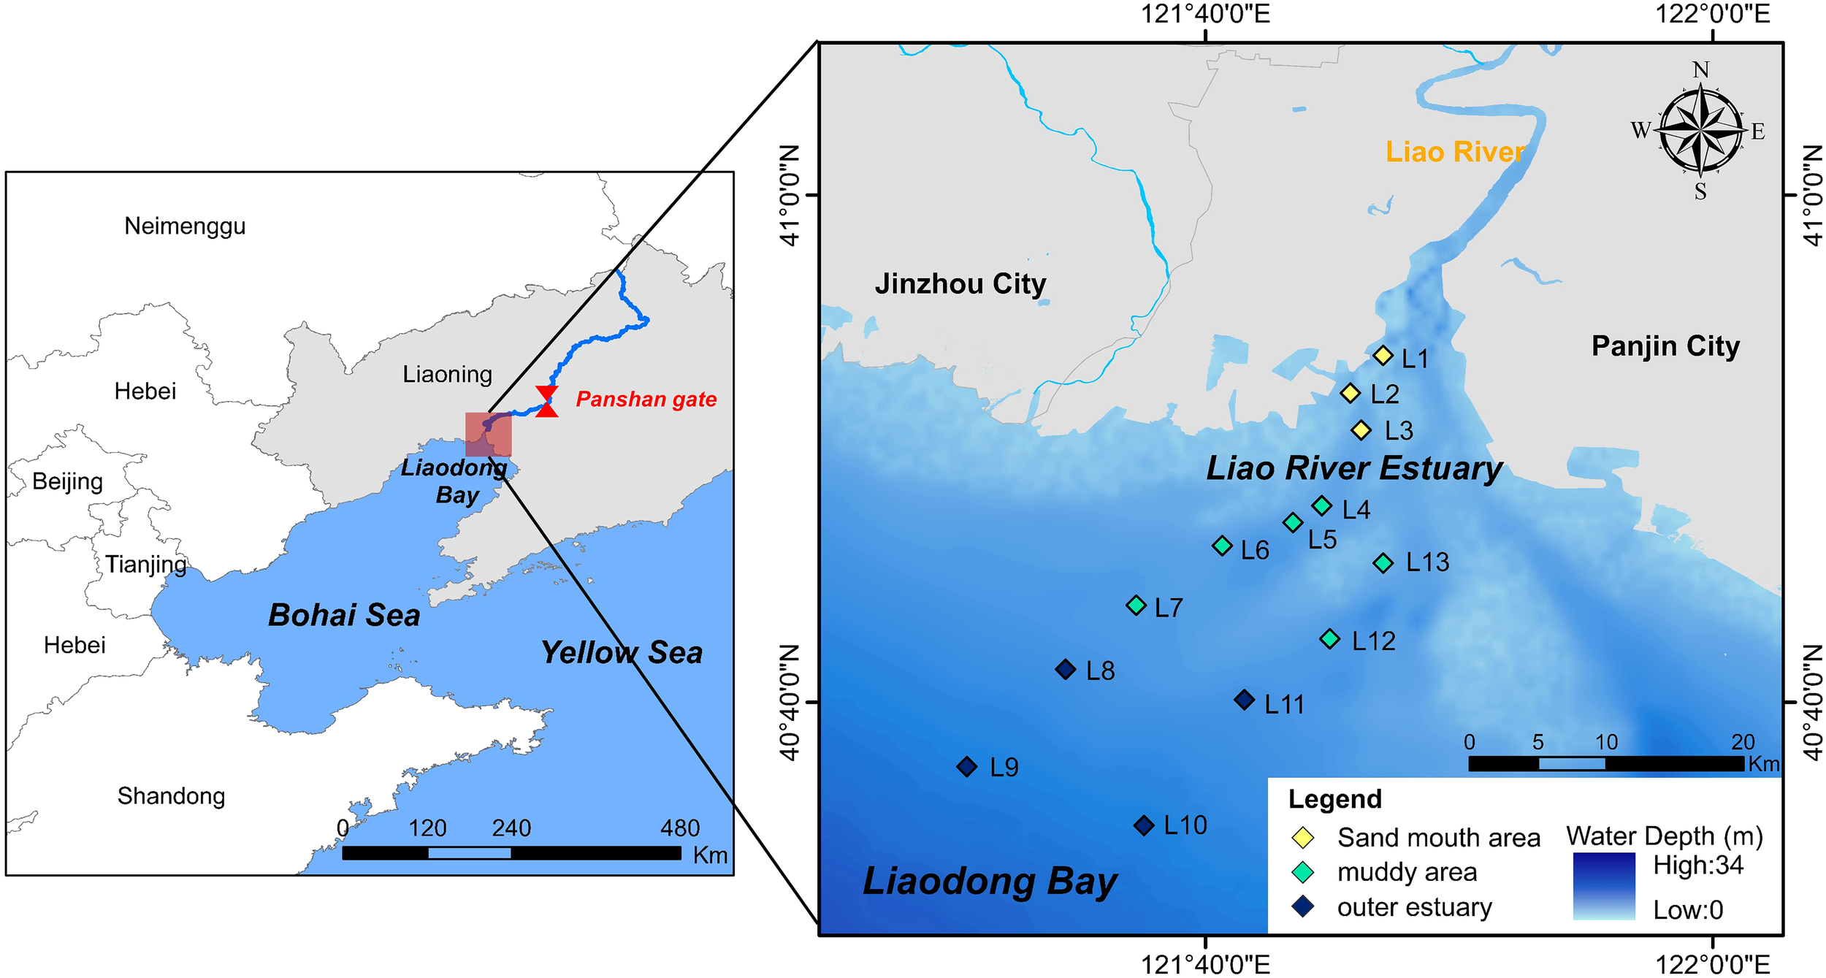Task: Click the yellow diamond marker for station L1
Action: [x=1383, y=356]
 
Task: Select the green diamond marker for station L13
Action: [x=1383, y=562]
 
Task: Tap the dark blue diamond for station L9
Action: [x=967, y=767]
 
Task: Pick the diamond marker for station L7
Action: [x=1136, y=605]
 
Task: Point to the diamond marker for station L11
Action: [x=1245, y=700]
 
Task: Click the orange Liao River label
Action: [x=1455, y=152]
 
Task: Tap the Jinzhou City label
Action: [x=960, y=283]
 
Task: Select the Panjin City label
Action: [x=1665, y=346]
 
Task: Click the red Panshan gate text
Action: [x=646, y=400]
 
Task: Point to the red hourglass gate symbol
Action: [x=547, y=402]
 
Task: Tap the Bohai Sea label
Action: [x=344, y=615]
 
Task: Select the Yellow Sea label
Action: [x=622, y=652]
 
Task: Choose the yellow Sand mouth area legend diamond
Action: [x=1303, y=838]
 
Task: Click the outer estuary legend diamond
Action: [x=1303, y=907]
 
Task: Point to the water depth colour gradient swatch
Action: [x=1604, y=885]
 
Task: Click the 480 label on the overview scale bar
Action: [x=680, y=828]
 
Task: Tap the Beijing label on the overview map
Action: [x=67, y=481]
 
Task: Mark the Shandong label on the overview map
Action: [x=171, y=795]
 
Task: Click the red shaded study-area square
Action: [x=489, y=435]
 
